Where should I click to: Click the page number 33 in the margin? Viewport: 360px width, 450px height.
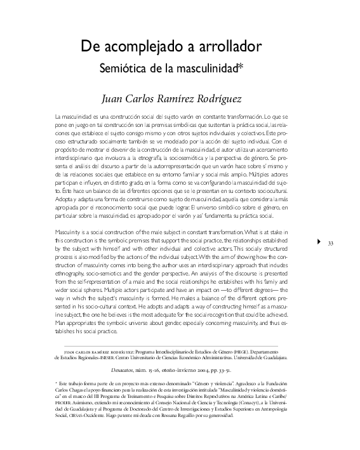[330, 242]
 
